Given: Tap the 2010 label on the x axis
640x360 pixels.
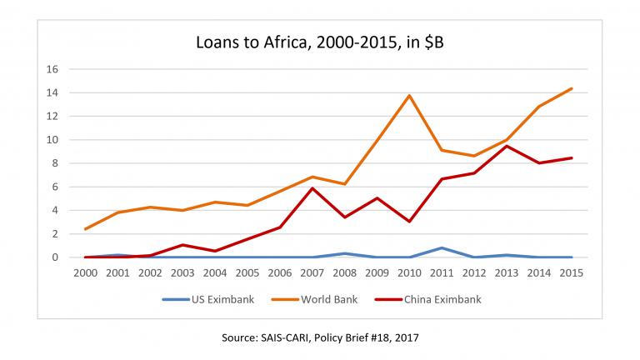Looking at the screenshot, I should click(x=408, y=273).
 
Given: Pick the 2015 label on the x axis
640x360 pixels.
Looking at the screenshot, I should click(x=570, y=273).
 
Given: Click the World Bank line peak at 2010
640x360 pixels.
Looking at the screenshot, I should click(x=408, y=95).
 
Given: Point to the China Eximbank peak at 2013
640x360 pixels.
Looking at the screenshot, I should click(x=506, y=146).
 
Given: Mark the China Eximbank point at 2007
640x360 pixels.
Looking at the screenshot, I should click(x=311, y=188).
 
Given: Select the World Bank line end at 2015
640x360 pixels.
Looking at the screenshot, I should click(x=570, y=88).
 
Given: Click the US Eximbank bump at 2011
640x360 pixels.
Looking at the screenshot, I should click(x=441, y=247).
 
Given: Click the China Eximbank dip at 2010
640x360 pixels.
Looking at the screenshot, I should click(x=408, y=222).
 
